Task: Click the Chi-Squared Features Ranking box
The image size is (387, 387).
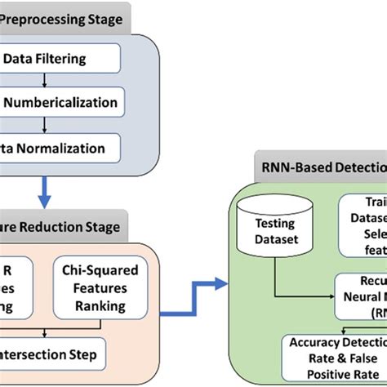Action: tap(103, 287)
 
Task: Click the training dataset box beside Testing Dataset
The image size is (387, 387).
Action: tap(363, 220)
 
